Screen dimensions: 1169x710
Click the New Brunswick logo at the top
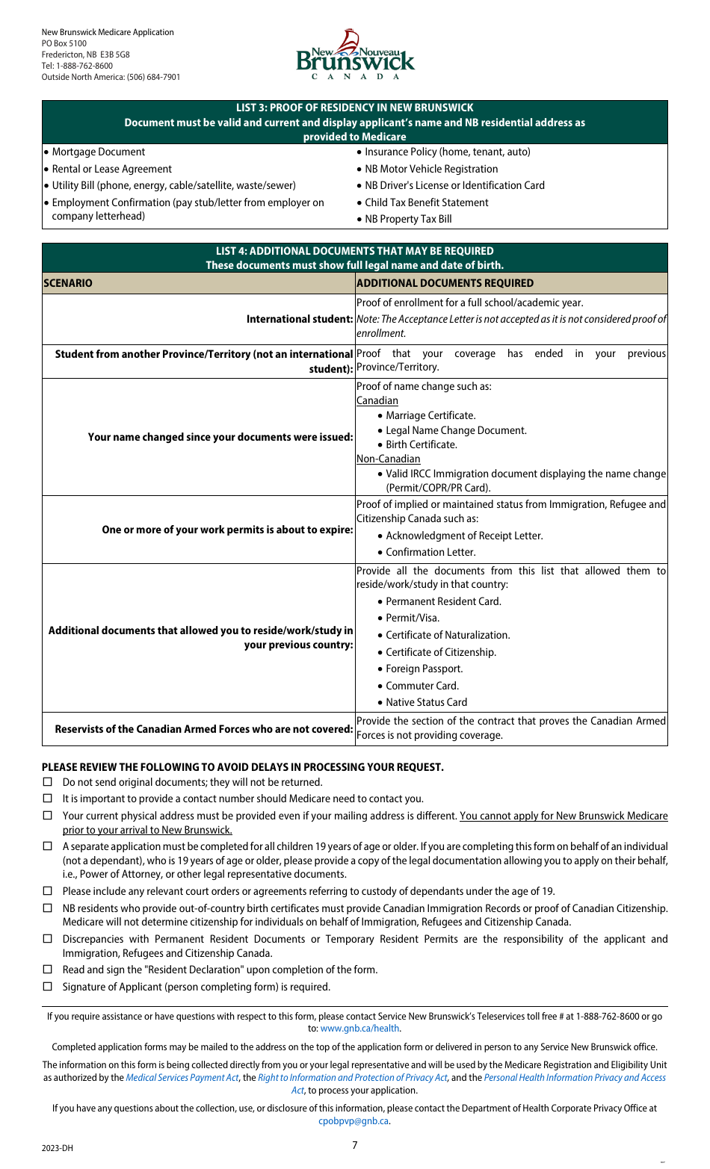pyautogui.click(x=355, y=55)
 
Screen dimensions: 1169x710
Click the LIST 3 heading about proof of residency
pyautogui.click(x=354, y=108)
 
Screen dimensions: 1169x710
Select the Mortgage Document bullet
pyautogui.click(x=98, y=152)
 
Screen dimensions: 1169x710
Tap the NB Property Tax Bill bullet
pyautogui.click(x=408, y=219)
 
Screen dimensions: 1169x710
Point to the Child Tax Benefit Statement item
pyautogui.click(x=426, y=202)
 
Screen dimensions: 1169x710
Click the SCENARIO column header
pyautogui.click(x=68, y=283)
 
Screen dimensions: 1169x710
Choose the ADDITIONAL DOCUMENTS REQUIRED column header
pyautogui.click(x=445, y=283)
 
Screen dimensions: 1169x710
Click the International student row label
pyautogui.click(x=300, y=319)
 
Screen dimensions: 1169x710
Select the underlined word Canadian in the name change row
pyautogui.click(x=377, y=400)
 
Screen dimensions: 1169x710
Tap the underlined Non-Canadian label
pyautogui.click(x=388, y=459)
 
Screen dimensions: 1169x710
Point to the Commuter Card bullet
pyautogui.click(x=422, y=686)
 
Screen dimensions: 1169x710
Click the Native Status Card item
pyautogui.click(x=426, y=702)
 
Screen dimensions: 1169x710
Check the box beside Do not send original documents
pyautogui.click(x=48, y=782)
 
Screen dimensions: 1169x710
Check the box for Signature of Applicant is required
pyautogui.click(x=48, y=987)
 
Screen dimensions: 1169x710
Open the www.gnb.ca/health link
pyautogui.click(x=360, y=1029)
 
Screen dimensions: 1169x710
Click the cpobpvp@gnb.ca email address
pyautogui.click(x=354, y=1120)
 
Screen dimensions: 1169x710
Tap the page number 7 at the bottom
pyautogui.click(x=355, y=1145)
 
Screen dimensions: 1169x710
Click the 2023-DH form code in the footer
pyautogui.click(x=58, y=1148)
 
